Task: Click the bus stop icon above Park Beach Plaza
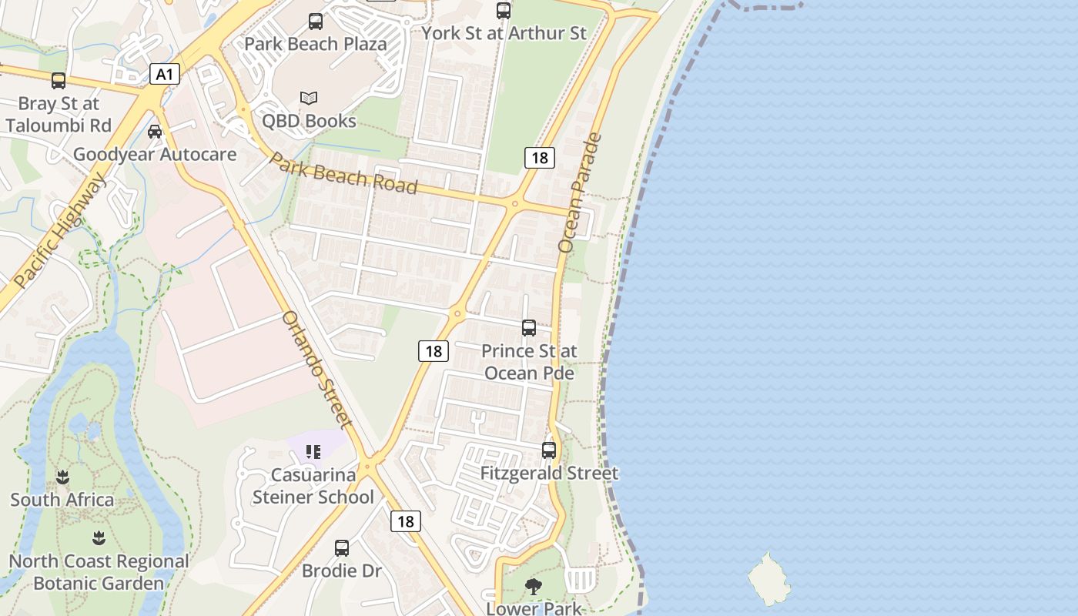pyautogui.click(x=316, y=22)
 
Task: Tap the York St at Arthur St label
pyautogui.click(x=504, y=33)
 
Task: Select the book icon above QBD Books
pyautogui.click(x=309, y=99)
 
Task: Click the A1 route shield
pyautogui.click(x=163, y=75)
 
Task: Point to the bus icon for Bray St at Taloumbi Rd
pyautogui.click(x=59, y=81)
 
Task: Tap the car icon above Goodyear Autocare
pyautogui.click(x=155, y=132)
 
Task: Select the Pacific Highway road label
pyautogui.click(x=60, y=230)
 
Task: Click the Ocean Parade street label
pyautogui.click(x=580, y=193)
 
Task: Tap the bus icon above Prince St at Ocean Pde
pyautogui.click(x=529, y=328)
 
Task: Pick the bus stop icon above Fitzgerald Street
pyautogui.click(x=549, y=450)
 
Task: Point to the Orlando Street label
pyautogui.click(x=316, y=369)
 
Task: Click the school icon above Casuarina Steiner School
pyautogui.click(x=313, y=452)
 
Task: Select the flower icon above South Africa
pyautogui.click(x=62, y=477)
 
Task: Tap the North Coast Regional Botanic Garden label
pyautogui.click(x=99, y=572)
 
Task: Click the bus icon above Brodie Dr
pyautogui.click(x=342, y=548)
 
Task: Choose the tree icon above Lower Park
pyautogui.click(x=533, y=588)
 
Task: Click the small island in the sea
pyautogui.click(x=768, y=579)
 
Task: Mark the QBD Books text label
pyautogui.click(x=309, y=121)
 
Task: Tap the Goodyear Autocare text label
pyautogui.click(x=155, y=155)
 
